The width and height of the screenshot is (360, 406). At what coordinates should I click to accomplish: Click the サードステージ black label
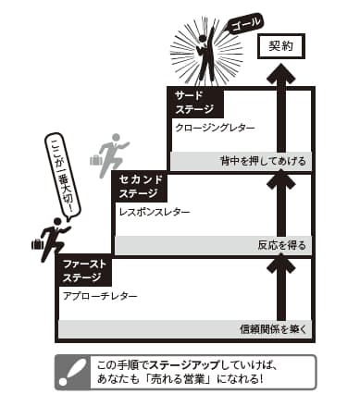pyautogui.click(x=194, y=101)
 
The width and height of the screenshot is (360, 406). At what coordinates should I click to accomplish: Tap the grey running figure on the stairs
pyautogui.click(x=113, y=151)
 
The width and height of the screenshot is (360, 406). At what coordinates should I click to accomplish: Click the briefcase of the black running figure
pyautogui.click(x=37, y=244)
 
